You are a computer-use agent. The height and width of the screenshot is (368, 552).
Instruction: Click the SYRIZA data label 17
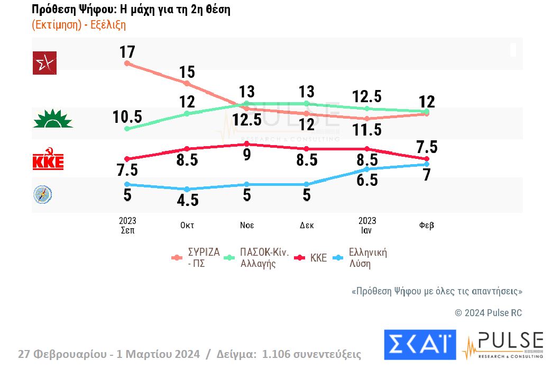point(127,52)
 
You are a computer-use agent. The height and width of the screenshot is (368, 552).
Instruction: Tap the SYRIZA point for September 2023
point(127,64)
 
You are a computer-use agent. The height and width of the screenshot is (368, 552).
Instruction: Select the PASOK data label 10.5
point(127,117)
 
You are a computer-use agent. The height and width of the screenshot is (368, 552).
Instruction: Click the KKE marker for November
point(247,144)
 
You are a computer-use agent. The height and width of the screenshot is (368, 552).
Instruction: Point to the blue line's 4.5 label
point(187,200)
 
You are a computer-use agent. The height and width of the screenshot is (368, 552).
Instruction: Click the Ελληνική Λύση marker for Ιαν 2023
point(367,169)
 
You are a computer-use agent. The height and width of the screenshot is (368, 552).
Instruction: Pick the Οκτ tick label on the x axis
point(187,225)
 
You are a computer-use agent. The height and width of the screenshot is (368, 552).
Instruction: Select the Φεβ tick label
point(427,225)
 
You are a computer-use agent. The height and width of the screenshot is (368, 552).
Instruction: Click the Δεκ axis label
point(307,225)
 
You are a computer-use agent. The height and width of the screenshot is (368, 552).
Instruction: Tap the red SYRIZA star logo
point(44,63)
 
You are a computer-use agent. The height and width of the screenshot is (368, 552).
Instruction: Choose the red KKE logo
point(48,161)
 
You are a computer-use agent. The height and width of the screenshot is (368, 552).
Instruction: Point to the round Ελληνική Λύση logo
point(43,195)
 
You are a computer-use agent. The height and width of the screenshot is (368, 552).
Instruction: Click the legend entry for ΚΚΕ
point(312,258)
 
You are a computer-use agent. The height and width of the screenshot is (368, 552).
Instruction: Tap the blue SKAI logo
point(420,344)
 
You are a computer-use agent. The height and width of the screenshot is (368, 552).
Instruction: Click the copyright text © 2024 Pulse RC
point(488,313)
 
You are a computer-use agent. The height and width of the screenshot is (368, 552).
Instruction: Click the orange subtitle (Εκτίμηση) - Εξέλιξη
point(79,25)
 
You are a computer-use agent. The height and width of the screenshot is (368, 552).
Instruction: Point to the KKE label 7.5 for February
point(427,147)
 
